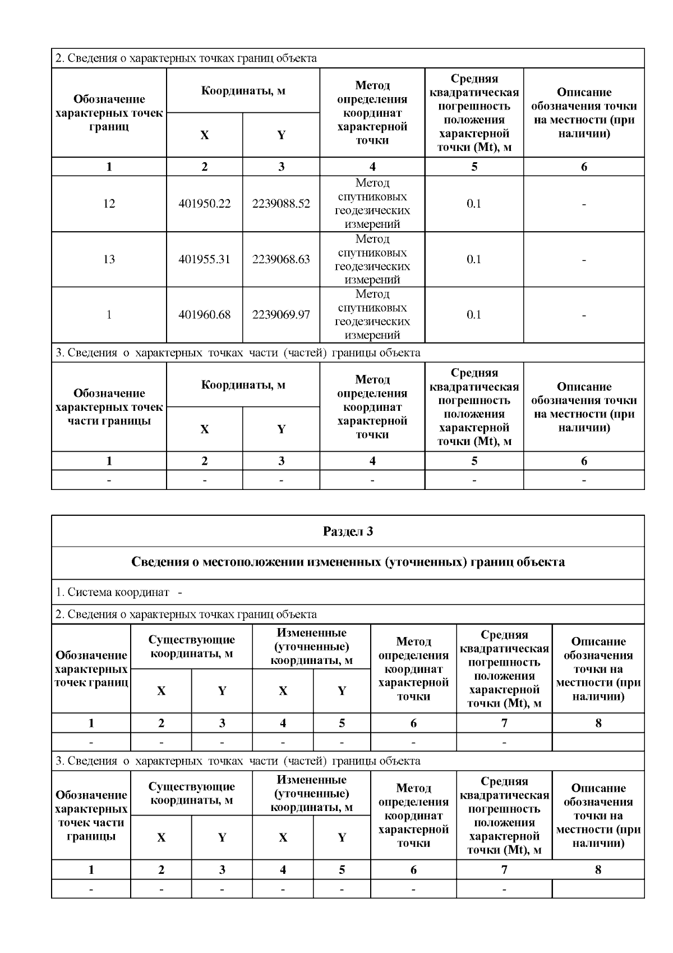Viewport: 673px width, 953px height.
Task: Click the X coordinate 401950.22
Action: point(204,204)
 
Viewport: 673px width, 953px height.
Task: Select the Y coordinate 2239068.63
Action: point(281,259)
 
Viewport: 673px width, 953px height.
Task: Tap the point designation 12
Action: point(109,204)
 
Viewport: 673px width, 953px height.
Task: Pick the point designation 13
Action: point(109,259)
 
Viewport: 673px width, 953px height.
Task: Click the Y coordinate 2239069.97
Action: point(281,315)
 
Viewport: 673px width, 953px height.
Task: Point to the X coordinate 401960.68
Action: point(204,315)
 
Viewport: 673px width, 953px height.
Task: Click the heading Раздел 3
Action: point(348,532)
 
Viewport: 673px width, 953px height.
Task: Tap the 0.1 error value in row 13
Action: point(474,259)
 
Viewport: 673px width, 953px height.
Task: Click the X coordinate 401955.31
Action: point(204,259)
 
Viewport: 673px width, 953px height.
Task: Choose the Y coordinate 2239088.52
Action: point(281,204)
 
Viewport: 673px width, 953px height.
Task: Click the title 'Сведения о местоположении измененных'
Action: point(348,562)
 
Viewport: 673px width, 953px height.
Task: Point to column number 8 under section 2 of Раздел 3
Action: point(598,723)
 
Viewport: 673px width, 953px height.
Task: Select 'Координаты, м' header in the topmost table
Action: point(243,90)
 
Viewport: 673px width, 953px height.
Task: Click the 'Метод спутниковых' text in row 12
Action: point(372,190)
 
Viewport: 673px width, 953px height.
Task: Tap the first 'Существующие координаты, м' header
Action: point(191,647)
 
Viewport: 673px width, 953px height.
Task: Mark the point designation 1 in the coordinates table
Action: point(109,315)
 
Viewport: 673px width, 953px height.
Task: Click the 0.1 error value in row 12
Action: point(474,204)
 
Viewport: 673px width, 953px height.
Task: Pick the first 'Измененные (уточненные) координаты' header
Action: point(311,647)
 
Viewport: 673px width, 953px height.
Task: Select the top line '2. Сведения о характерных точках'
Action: point(186,58)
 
